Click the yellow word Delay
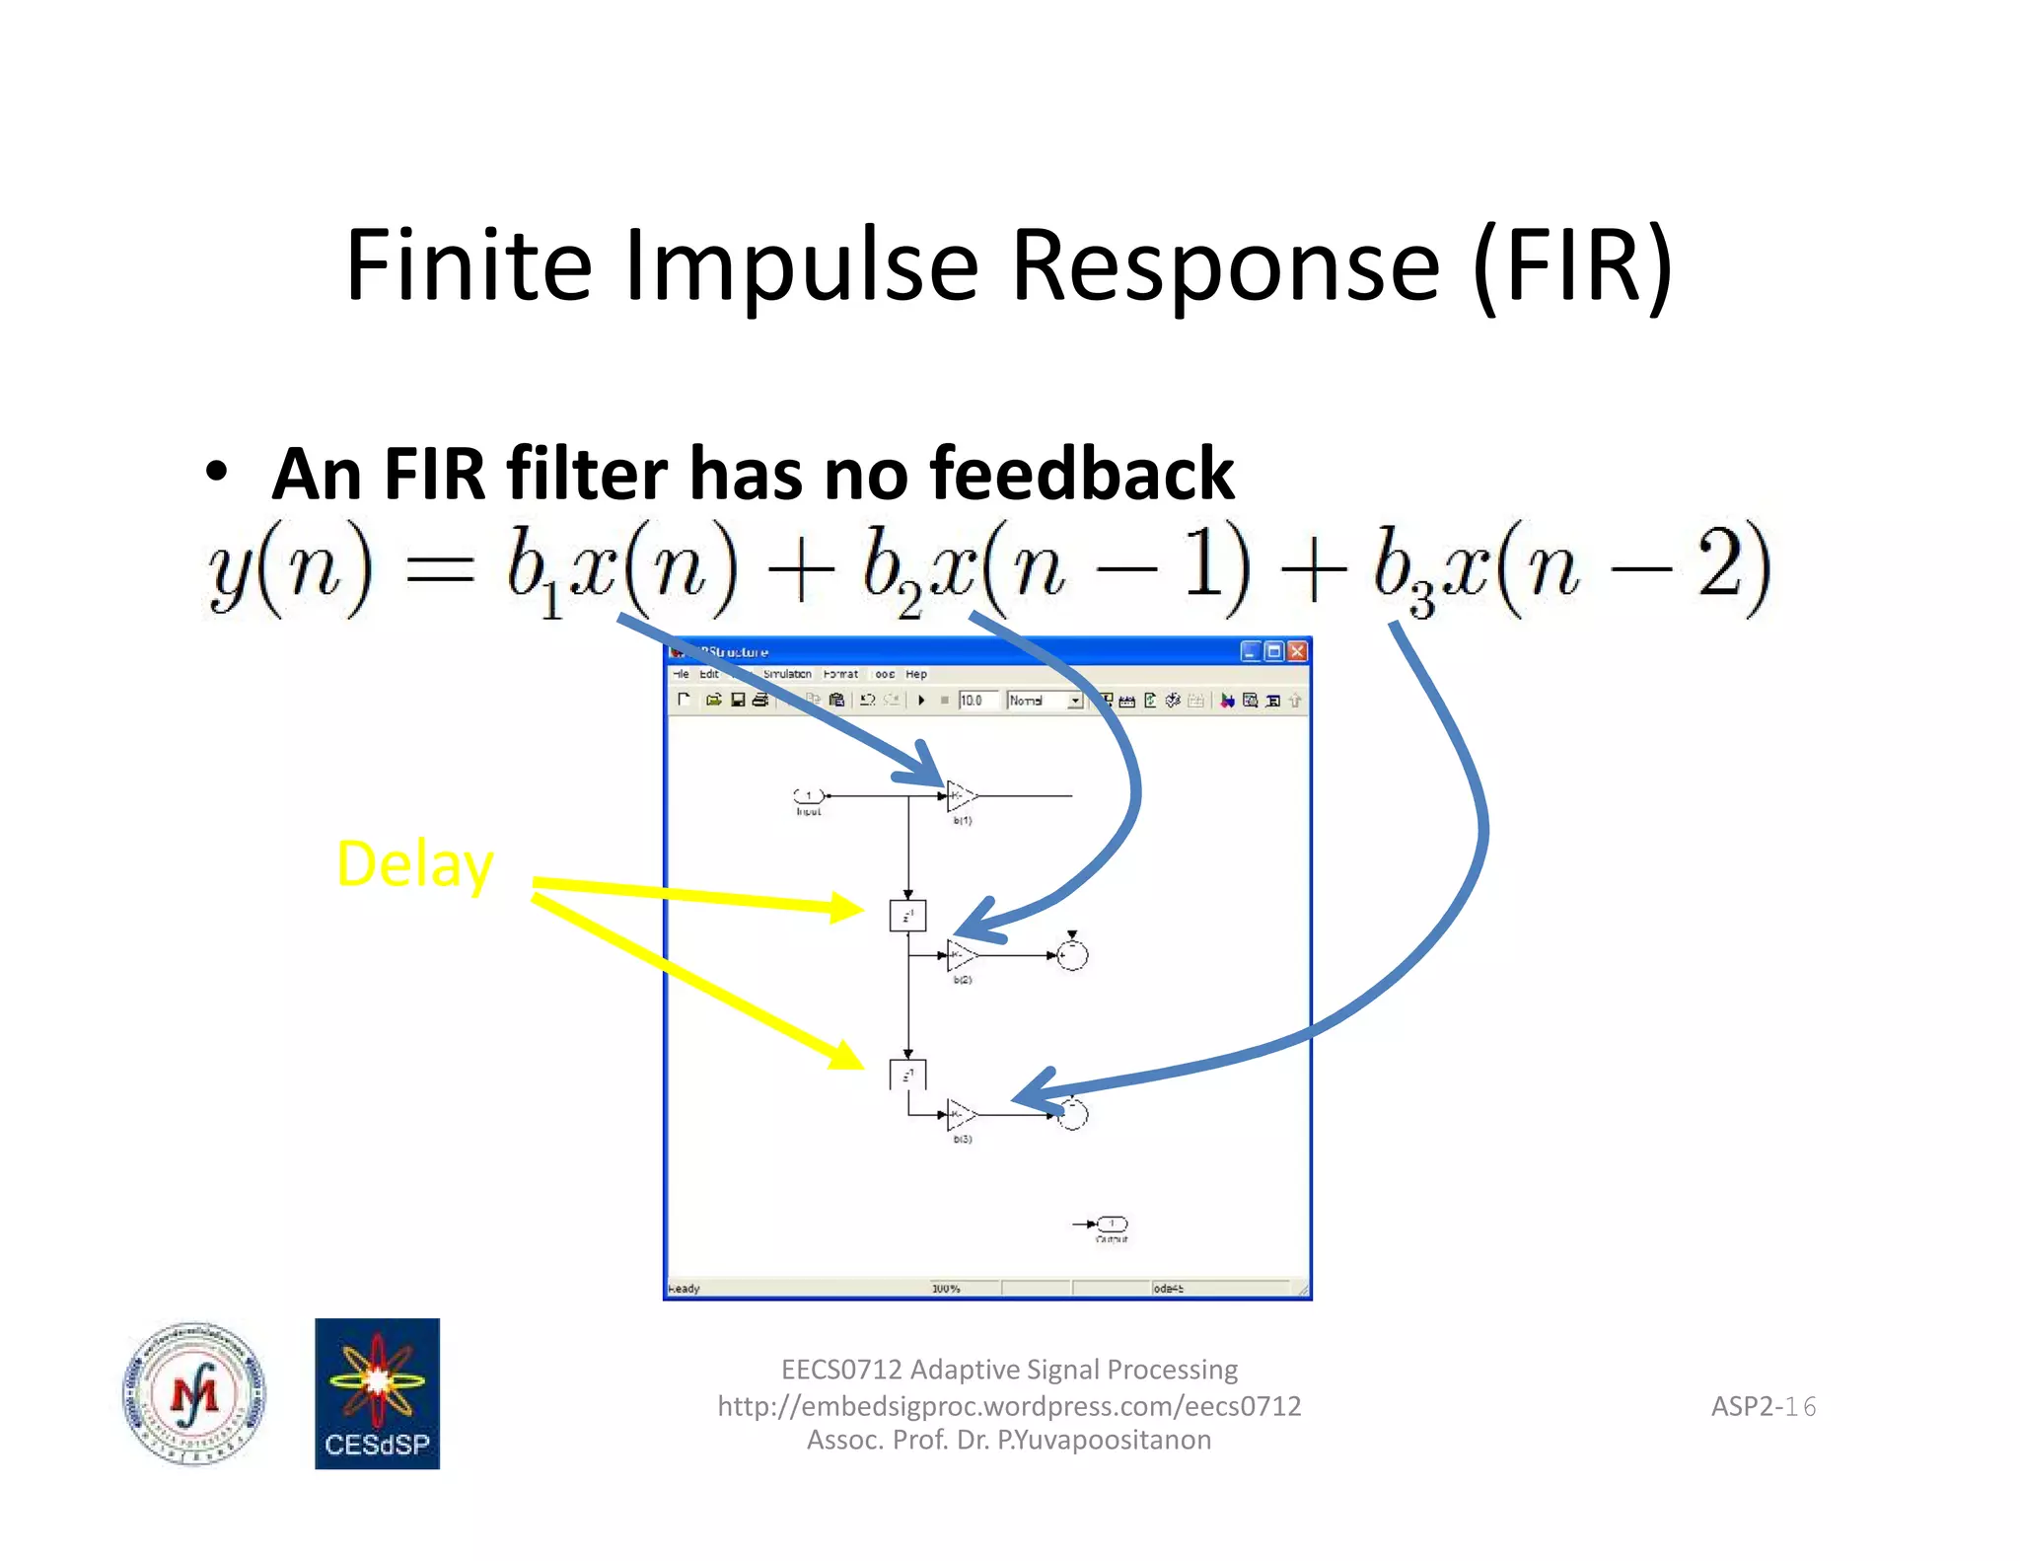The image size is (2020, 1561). pos(414,864)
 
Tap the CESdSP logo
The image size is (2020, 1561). pos(377,1393)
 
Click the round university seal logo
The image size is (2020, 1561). pos(194,1393)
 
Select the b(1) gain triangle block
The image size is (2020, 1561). pos(959,794)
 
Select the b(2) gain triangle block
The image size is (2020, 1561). pos(959,954)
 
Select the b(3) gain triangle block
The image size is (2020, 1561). pos(959,1114)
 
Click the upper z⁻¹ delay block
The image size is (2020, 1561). pos(907,916)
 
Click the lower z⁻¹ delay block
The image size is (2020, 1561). pos(907,1075)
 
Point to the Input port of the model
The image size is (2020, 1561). pos(809,795)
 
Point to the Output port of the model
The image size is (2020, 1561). pos(1112,1224)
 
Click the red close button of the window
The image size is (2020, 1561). pos(1296,651)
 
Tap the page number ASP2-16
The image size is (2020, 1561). pos(1763,1406)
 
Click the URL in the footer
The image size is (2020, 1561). pos(1009,1405)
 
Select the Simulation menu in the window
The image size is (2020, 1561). pos(786,674)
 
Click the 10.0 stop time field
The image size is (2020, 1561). pos(976,700)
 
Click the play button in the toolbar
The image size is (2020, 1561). pos(921,700)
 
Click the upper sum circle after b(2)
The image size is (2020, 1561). pos(1072,954)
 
